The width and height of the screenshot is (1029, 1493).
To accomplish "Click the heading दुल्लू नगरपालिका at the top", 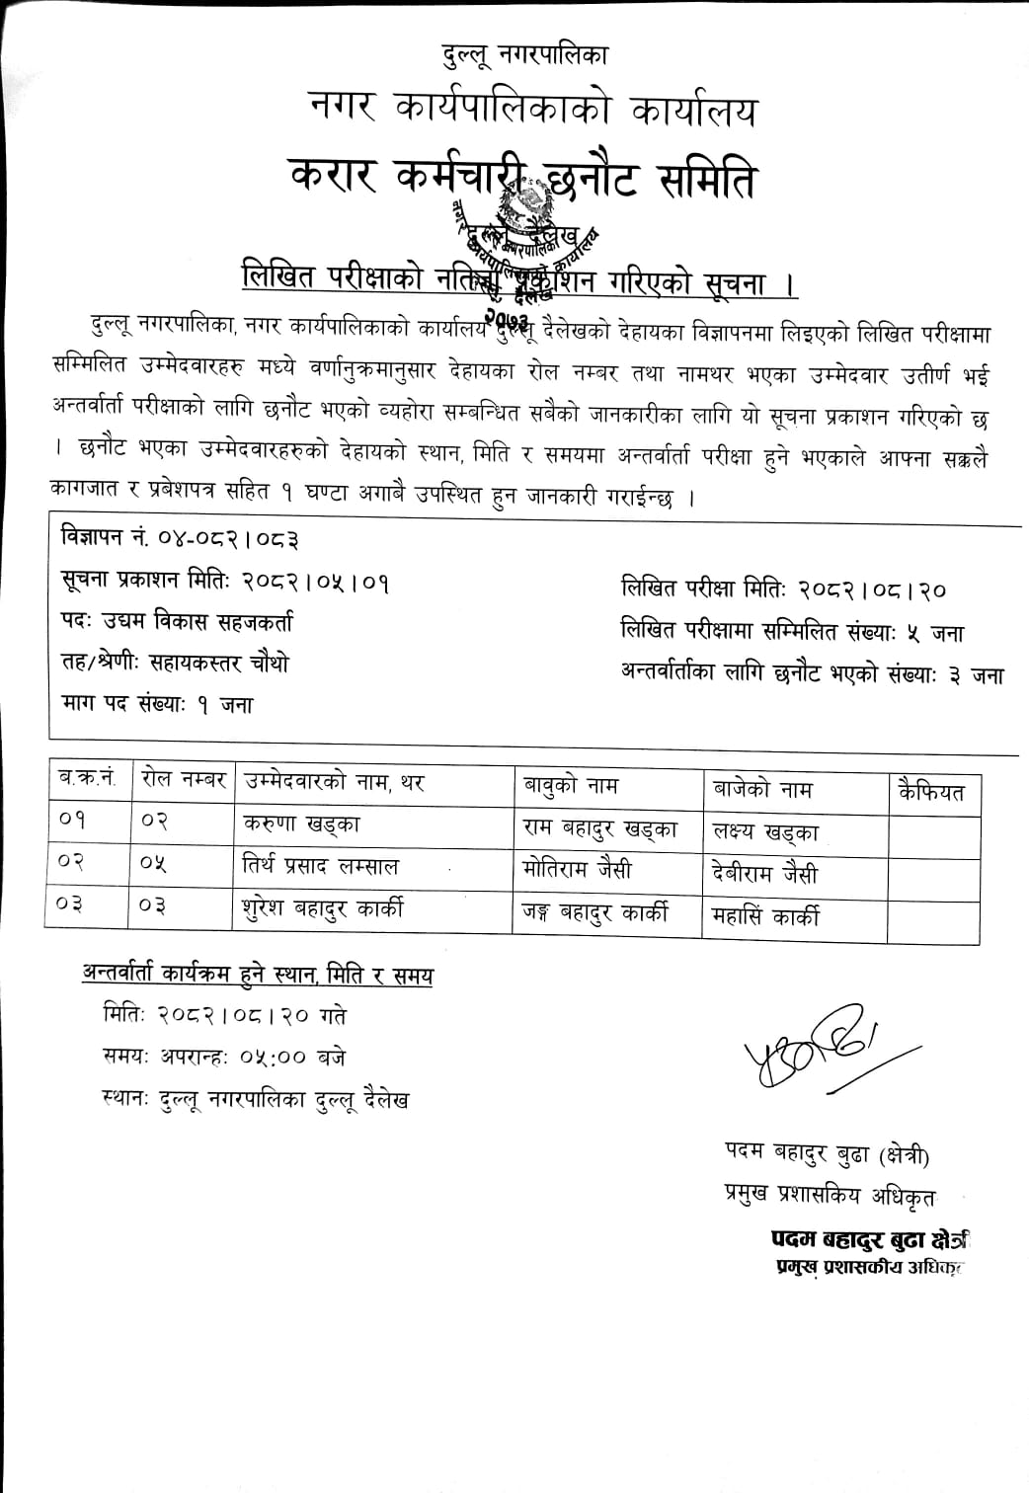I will tap(524, 55).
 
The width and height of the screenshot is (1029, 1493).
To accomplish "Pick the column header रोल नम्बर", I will tap(184, 781).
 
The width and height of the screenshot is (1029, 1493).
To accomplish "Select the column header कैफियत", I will tap(931, 792).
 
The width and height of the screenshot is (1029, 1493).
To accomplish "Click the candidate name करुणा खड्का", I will tap(301, 824).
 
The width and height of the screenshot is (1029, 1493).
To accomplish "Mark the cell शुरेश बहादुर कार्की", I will tap(322, 907).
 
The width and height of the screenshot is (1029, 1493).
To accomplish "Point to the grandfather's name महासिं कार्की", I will tap(765, 917).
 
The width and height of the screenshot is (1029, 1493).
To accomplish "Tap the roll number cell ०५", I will tap(153, 864).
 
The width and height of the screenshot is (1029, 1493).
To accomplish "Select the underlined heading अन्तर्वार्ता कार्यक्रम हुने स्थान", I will tap(258, 976).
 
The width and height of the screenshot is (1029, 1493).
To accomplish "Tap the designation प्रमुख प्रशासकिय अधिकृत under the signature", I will tap(831, 1197).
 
